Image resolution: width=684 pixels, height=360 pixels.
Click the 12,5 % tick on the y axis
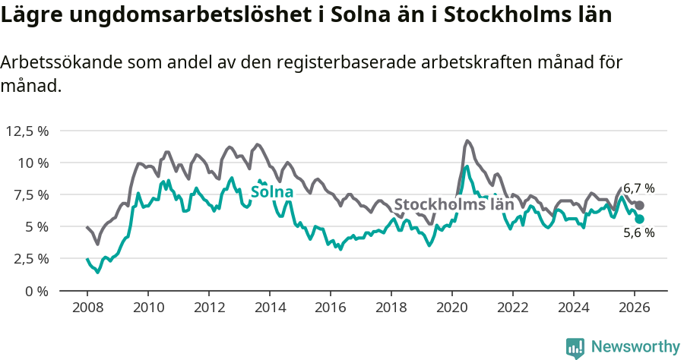click(x=27, y=131)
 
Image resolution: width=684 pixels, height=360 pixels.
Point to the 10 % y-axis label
click(x=33, y=163)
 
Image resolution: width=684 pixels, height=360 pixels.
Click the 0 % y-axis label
click(x=37, y=291)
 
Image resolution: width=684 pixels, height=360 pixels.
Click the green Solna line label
click(x=272, y=191)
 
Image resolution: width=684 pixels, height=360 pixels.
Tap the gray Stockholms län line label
click(x=454, y=204)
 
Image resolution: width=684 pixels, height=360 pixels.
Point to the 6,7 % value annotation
click(x=639, y=188)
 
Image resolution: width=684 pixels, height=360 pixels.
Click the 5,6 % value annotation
click(x=639, y=233)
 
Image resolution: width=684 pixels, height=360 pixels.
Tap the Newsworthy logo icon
click(x=575, y=347)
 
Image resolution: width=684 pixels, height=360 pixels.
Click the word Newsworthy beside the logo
click(x=635, y=347)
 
